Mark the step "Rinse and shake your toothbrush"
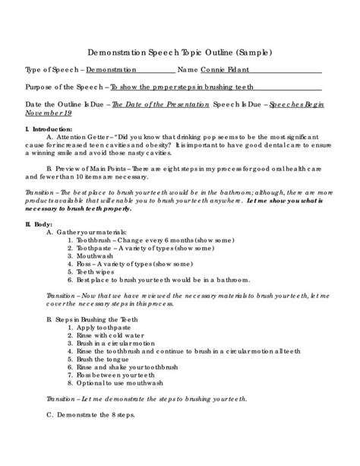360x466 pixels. pos(133,378)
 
